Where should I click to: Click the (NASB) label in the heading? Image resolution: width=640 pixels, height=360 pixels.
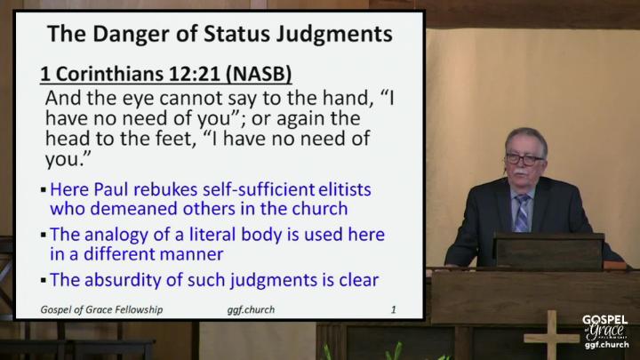point(259,75)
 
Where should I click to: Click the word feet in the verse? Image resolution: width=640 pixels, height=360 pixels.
point(173,138)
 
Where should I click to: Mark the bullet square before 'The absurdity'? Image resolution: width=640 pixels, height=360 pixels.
point(44,280)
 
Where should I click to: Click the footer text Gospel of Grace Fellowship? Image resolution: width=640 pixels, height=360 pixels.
point(101,310)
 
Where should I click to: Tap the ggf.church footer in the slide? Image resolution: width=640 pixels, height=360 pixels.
point(251,310)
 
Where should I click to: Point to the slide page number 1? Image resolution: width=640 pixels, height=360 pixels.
point(394,310)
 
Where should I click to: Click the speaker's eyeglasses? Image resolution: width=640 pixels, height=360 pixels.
point(524,159)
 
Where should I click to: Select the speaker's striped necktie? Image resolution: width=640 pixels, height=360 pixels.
point(522,212)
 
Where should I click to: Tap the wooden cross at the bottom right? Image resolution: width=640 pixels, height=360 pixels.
point(551,335)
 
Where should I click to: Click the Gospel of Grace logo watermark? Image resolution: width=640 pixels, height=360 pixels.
point(605,332)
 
